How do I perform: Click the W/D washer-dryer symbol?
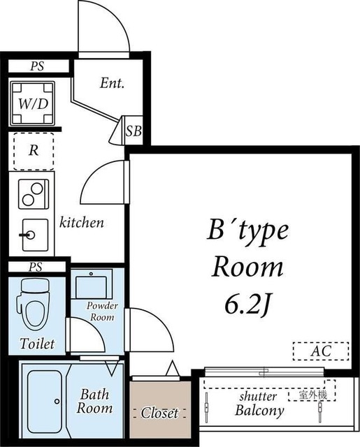[33, 103]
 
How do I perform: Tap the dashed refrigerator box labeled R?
[34, 152]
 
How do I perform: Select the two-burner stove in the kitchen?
[34, 194]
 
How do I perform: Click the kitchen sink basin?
[35, 235]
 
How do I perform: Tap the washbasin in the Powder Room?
[92, 284]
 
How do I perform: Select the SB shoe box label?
[134, 131]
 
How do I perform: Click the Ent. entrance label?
[112, 83]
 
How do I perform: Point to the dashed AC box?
[321, 351]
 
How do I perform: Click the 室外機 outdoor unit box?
[312, 395]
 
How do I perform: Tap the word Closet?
[159, 413]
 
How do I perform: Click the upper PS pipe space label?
[37, 66]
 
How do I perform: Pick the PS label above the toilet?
[36, 267]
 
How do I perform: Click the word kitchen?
[81, 222]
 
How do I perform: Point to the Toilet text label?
[37, 344]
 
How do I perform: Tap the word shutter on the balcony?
[258, 396]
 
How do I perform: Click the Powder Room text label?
[102, 312]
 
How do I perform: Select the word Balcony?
[259, 411]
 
